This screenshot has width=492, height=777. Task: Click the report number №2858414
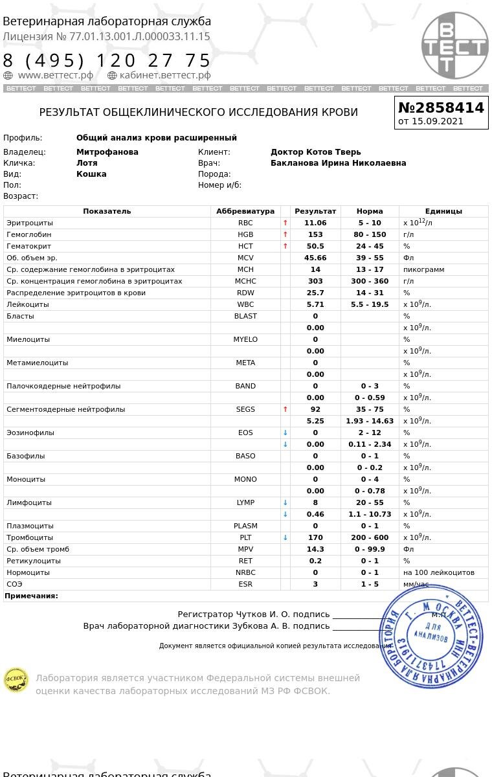[441, 107]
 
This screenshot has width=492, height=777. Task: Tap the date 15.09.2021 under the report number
[438, 121]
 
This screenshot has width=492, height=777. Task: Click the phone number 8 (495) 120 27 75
[107, 61]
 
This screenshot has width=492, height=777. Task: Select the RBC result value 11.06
[315, 223]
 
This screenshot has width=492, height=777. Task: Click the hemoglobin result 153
[315, 234]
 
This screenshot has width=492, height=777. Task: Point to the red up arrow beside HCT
[285, 246]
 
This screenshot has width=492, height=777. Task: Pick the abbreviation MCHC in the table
[245, 281]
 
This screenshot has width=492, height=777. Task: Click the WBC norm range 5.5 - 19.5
[370, 304]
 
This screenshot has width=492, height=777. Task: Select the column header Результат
[315, 211]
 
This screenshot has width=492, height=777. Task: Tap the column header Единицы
[443, 211]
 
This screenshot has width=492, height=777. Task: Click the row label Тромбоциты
[30, 537]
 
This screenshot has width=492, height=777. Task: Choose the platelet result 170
[315, 537]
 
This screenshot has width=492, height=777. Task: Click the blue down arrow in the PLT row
[285, 537]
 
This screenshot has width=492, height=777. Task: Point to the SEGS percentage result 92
[315, 409]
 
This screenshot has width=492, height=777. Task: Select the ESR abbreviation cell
[245, 584]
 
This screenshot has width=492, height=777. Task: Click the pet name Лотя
[87, 163]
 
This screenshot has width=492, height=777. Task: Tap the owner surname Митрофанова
[107, 152]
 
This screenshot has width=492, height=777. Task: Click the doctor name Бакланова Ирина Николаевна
[338, 163]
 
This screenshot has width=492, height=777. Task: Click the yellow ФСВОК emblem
[16, 680]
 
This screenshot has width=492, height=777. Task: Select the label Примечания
[31, 596]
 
